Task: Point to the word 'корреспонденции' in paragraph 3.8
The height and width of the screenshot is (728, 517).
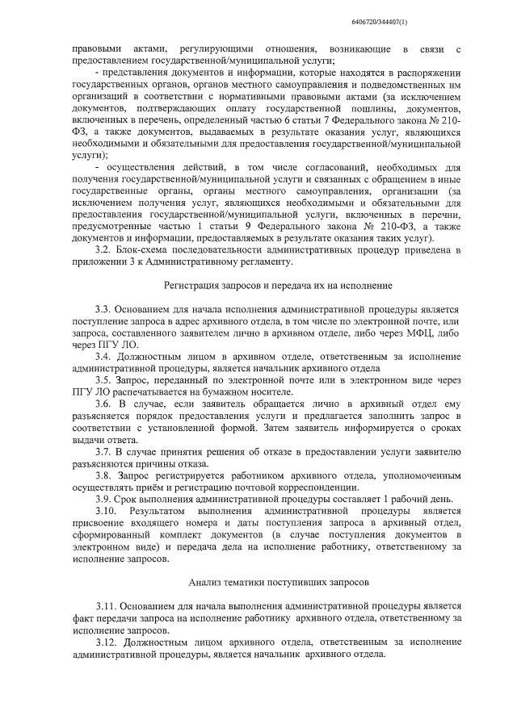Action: tap(313, 487)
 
